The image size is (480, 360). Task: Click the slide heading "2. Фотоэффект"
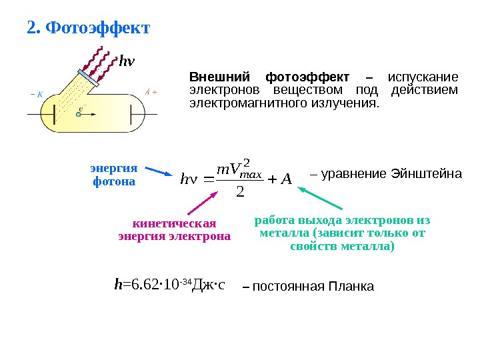pos(88,29)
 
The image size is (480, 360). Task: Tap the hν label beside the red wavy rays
pos(127,62)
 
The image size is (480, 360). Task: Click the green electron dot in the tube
pos(78,114)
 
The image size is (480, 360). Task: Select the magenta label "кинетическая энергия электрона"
pos(175,229)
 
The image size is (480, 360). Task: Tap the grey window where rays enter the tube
pos(89,77)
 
